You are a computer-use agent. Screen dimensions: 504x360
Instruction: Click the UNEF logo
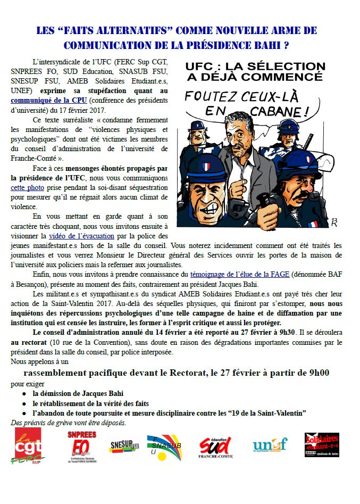pyautogui.click(x=270, y=445)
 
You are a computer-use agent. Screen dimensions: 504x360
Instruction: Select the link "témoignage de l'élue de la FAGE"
pyautogui.click(x=240, y=274)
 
